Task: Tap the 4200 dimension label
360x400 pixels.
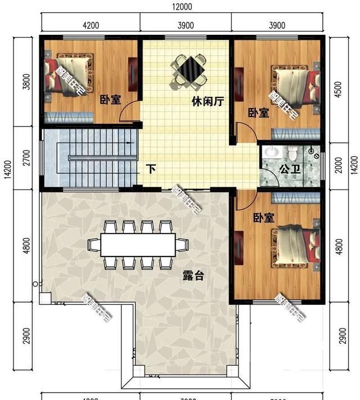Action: tap(91, 25)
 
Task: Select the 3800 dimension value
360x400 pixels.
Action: tap(25, 83)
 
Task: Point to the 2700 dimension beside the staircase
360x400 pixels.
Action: tap(25, 158)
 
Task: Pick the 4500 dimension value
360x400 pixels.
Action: tap(337, 92)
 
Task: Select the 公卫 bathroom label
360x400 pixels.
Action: tap(289, 169)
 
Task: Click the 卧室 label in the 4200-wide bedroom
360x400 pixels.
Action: tap(110, 100)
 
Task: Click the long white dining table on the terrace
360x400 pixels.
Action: tap(138, 245)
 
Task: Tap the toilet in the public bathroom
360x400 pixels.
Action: tap(293, 152)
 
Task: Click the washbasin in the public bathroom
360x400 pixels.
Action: tap(272, 152)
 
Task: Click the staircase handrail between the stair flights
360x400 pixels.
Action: tap(101, 158)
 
